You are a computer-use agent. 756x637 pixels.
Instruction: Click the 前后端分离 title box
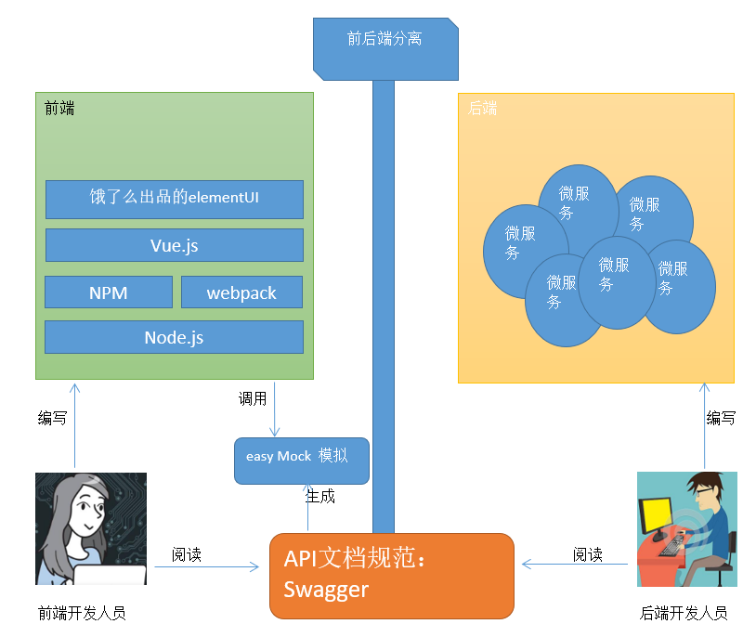385,40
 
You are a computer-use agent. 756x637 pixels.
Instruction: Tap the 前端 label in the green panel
59,109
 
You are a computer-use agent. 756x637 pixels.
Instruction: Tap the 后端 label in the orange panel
482,109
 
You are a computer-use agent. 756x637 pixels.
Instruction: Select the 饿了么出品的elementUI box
175,197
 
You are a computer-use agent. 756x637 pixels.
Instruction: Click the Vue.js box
175,245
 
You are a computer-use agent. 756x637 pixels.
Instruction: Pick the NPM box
109,292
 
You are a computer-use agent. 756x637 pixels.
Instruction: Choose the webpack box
241,292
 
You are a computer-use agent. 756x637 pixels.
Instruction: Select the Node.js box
175,337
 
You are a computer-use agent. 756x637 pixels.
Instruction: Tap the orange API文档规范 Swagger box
391,575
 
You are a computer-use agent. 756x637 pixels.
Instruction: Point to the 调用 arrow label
253,399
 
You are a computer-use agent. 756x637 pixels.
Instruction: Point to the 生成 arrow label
320,497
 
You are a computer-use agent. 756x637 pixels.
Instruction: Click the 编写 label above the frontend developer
52,419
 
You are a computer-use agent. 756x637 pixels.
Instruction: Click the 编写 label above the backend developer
721,419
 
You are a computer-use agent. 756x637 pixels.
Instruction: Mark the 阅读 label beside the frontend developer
187,555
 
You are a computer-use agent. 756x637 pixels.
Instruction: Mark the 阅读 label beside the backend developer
588,555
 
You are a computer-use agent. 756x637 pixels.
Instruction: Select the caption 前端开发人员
82,613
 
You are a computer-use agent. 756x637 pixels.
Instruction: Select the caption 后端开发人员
684,613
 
